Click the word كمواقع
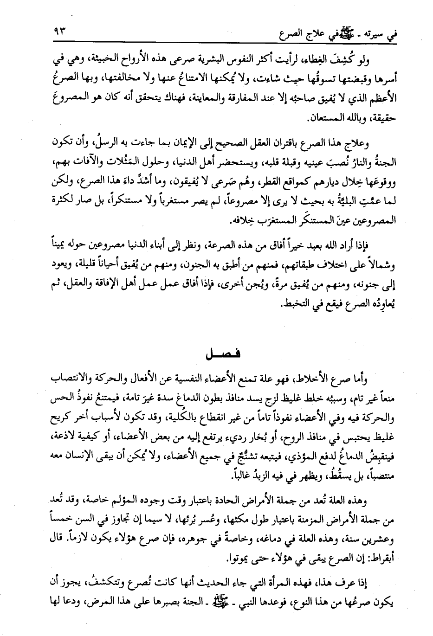pyautogui.click(x=268, y=190)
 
